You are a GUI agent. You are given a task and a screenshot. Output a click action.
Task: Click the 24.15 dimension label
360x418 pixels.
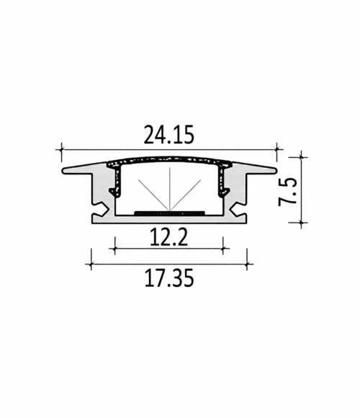pos(168,135)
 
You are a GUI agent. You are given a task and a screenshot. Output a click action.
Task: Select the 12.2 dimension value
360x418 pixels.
pos(169,237)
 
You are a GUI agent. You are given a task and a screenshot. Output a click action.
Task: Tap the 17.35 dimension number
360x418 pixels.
pos(169,278)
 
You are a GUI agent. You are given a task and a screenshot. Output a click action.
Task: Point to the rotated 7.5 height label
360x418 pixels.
pos(287,192)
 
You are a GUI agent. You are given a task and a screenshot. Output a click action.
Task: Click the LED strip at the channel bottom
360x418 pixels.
pos(169,213)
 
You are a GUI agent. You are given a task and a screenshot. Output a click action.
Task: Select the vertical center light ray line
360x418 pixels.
pos(170,190)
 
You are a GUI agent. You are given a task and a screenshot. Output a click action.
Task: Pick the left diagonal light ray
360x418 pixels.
pos(153,195)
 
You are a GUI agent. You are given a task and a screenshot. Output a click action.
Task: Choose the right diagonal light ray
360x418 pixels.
pos(185,195)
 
